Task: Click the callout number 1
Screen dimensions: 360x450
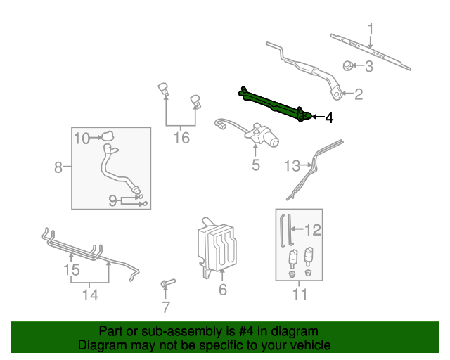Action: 371,30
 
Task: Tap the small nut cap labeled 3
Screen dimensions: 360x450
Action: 348,66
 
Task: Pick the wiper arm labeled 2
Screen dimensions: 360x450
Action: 309,70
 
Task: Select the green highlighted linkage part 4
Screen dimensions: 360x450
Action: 274,103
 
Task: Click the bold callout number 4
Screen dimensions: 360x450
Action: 328,117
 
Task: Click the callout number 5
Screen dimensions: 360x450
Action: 256,165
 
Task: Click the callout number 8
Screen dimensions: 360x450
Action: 58,167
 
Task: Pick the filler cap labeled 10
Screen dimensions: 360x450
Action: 108,137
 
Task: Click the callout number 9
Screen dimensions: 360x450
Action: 112,201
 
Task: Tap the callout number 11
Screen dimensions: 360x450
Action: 300,295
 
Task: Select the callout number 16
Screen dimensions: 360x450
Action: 181,138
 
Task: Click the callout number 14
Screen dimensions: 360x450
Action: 89,295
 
